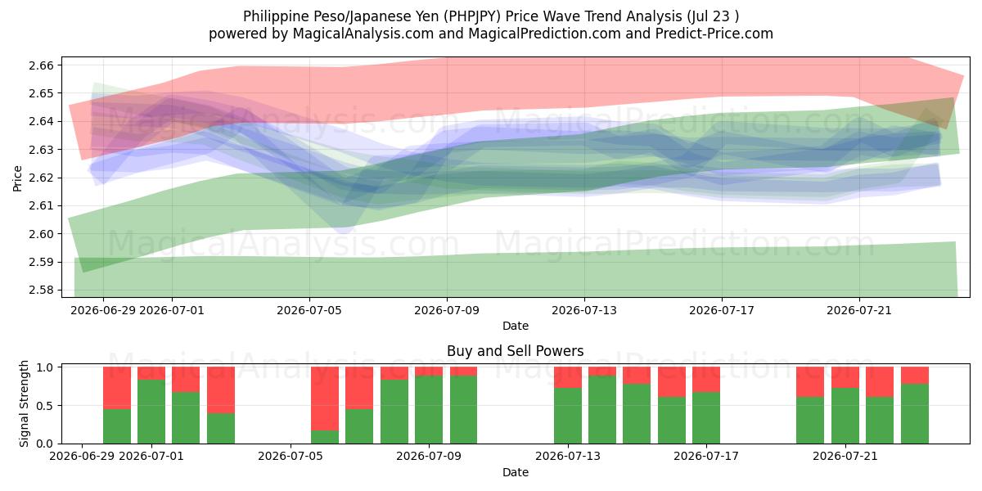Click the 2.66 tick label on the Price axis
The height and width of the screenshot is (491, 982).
coord(41,65)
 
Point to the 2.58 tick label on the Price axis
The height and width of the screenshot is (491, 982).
coord(41,291)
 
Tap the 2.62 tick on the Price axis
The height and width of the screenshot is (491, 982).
coord(41,178)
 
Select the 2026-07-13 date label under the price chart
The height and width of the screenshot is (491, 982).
coord(584,310)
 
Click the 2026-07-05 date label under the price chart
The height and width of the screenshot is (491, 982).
coord(309,310)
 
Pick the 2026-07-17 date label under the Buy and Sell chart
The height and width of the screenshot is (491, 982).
coord(705,456)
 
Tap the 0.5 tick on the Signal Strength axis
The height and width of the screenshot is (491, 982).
coord(45,406)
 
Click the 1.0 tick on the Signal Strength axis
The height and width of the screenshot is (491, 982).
coord(45,367)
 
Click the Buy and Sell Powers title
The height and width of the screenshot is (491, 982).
coord(515,351)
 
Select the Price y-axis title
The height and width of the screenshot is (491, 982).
coord(17,178)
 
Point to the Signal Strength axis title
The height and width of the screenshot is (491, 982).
coord(24,403)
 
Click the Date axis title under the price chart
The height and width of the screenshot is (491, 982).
coord(515,326)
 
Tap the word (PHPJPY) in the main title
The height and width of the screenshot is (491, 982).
coord(471,16)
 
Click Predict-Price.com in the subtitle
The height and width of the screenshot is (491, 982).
coord(714,34)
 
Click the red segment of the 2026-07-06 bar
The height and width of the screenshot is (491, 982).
coord(325,399)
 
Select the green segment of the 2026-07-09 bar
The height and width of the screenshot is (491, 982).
coord(429,409)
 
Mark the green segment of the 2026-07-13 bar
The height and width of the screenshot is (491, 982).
coord(568,416)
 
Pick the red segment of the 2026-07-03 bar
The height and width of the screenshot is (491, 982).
coord(220,390)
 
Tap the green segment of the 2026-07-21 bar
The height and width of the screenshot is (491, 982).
coord(845,416)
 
